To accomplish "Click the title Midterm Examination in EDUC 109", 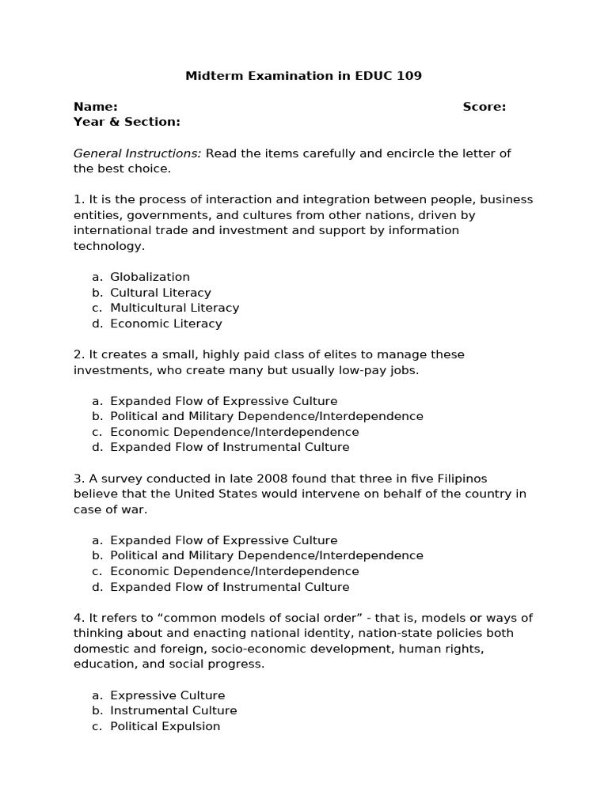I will tap(303, 76).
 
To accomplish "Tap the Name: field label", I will tap(95, 107).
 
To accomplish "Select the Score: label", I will tap(484, 107).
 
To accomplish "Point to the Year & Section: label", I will tap(127, 122).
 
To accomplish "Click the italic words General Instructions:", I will tap(138, 153).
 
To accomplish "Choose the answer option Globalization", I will tap(150, 277).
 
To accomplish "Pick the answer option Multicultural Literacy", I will tap(174, 308).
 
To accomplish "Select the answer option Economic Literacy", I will tap(165, 324).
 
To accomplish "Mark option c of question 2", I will tap(234, 432).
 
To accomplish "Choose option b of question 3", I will tap(266, 555).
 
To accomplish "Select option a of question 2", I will tap(223, 401).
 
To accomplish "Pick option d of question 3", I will tap(229, 587).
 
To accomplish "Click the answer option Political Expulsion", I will tap(165, 726).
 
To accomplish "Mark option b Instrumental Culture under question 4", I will tap(173, 710).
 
